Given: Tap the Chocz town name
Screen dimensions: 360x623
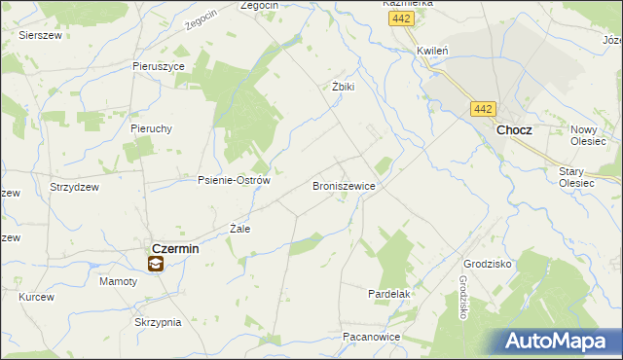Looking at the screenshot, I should click(514, 129).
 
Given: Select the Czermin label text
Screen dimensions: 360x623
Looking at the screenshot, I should click(175, 248).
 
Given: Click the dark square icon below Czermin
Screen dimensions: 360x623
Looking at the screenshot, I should click(156, 264).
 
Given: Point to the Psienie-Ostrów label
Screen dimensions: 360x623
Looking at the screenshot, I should click(234, 180).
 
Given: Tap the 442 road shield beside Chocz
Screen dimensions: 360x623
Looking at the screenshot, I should click(484, 110).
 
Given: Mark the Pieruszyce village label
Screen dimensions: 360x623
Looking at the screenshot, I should click(159, 66).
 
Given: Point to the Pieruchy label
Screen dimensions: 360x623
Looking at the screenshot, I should click(151, 127).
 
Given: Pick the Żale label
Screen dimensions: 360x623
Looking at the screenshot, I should click(239, 229).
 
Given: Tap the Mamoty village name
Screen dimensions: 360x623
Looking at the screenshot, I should click(119, 281).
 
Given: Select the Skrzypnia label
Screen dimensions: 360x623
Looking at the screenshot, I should click(159, 322).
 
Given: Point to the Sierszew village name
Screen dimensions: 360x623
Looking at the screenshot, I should click(41, 33).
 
